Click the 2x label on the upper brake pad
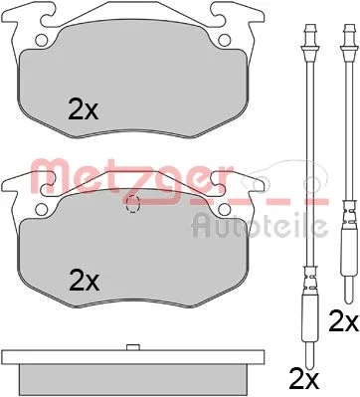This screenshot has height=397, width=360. (83, 109)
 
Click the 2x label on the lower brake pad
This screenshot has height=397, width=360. (84, 282)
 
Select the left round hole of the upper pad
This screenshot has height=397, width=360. (42, 41)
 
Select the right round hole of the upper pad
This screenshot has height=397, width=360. (225, 41)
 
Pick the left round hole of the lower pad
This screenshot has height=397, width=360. (42, 209)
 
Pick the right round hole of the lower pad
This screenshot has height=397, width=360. (225, 209)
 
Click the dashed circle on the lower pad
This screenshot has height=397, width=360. (133, 204)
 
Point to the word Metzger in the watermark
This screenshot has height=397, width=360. (132, 177)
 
